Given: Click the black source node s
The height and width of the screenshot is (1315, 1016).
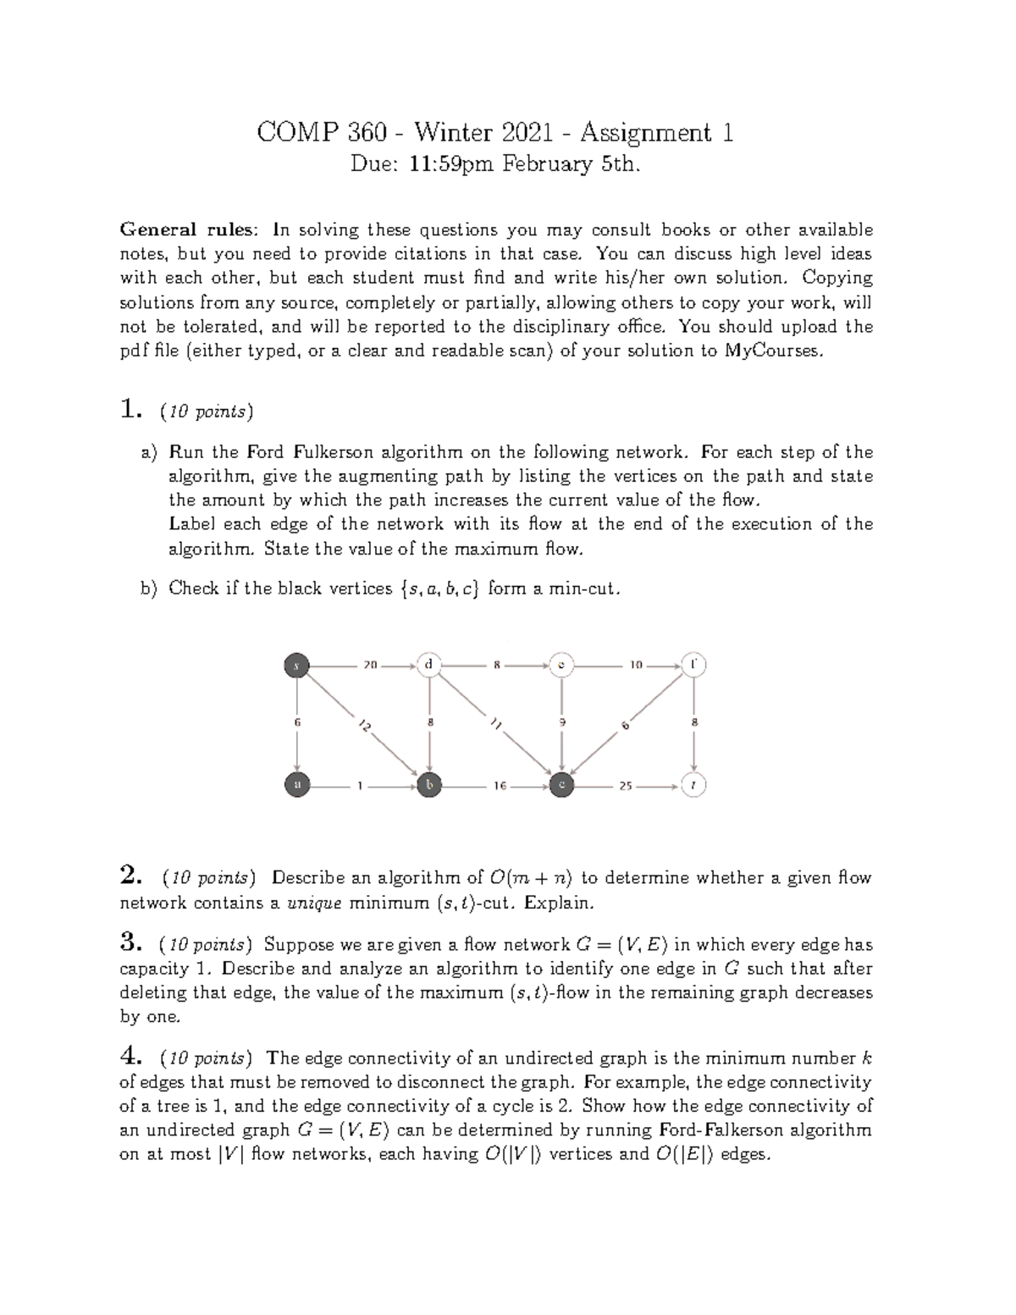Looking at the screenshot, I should [296, 666].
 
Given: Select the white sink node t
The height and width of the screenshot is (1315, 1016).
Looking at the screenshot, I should [693, 786].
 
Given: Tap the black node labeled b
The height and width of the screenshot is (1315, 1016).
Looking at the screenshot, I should [429, 786].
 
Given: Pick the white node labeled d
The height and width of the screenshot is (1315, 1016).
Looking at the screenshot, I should [429, 666].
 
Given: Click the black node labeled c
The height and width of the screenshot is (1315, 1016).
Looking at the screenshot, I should [560, 786].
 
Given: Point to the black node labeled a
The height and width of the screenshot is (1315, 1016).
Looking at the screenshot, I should [296, 786].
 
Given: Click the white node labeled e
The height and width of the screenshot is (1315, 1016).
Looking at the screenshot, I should [560, 666].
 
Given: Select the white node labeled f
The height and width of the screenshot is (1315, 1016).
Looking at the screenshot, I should [693, 666].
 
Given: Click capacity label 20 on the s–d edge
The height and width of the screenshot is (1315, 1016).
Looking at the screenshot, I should [369, 666].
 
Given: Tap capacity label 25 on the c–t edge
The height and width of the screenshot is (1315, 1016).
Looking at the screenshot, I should [625, 786].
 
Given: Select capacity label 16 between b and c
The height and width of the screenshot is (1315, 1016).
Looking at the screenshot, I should [500, 786].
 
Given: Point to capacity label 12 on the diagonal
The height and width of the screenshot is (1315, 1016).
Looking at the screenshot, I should [364, 726].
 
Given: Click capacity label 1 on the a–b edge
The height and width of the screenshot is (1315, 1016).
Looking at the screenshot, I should [360, 786].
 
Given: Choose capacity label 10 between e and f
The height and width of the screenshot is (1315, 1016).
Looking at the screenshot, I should [636, 666].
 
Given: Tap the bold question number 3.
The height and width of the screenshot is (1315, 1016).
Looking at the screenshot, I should [130, 942].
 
